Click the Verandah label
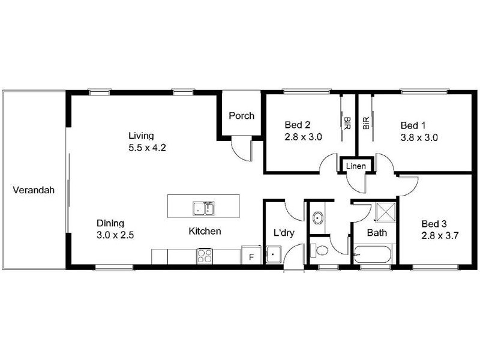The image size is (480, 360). pyautogui.click(x=34, y=191)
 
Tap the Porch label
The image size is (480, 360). pyautogui.click(x=241, y=116)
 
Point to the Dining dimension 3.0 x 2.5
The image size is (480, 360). pyautogui.click(x=114, y=235)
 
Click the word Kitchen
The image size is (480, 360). pyautogui.click(x=205, y=231)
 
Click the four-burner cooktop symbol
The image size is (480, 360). pyautogui.click(x=204, y=256)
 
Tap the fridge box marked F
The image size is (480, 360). pyautogui.click(x=251, y=255)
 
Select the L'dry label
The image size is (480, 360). pyautogui.click(x=283, y=232)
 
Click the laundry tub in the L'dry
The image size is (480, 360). pyautogui.click(x=274, y=255)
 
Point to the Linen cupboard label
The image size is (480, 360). pyautogui.click(x=356, y=166)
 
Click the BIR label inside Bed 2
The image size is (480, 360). pyautogui.click(x=347, y=123)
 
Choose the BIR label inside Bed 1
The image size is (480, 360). pyautogui.click(x=365, y=123)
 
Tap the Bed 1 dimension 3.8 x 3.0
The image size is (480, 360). pyautogui.click(x=419, y=137)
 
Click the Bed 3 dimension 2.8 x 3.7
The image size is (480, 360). pyautogui.click(x=440, y=235)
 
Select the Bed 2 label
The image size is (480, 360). pyautogui.click(x=297, y=125)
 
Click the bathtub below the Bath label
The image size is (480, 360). pyautogui.click(x=373, y=256)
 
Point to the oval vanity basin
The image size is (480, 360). pyautogui.click(x=317, y=217)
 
